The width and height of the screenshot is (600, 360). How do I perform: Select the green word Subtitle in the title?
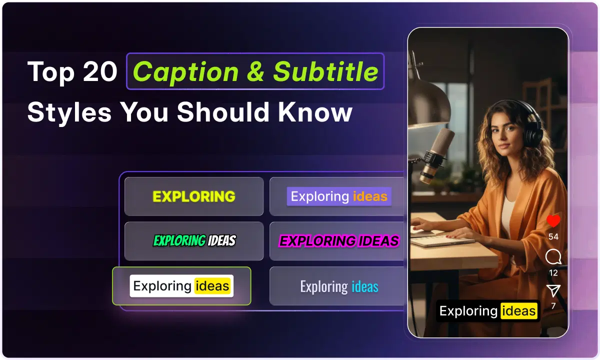pyautogui.click(x=325, y=72)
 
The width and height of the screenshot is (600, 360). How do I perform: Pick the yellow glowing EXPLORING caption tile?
pyautogui.click(x=194, y=196)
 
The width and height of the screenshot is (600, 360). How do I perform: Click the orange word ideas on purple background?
pyautogui.click(x=370, y=196)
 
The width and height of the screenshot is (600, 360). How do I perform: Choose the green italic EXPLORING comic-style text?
pyautogui.click(x=179, y=241)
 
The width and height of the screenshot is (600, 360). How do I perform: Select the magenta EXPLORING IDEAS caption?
pyautogui.click(x=339, y=241)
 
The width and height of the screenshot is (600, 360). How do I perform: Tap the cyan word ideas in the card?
pyautogui.click(x=365, y=286)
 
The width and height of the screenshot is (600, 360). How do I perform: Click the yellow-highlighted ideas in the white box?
pyautogui.click(x=212, y=286)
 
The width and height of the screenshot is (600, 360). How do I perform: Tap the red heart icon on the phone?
pyautogui.click(x=553, y=221)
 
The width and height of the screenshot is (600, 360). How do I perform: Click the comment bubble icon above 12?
pyautogui.click(x=553, y=257)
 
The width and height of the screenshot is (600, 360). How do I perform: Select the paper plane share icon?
pyautogui.click(x=553, y=290)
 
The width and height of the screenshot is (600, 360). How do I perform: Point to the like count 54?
pyautogui.click(x=553, y=236)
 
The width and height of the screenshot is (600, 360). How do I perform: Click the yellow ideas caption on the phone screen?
pyautogui.click(x=519, y=311)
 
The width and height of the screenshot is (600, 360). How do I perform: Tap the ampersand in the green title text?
pyautogui.click(x=255, y=72)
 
